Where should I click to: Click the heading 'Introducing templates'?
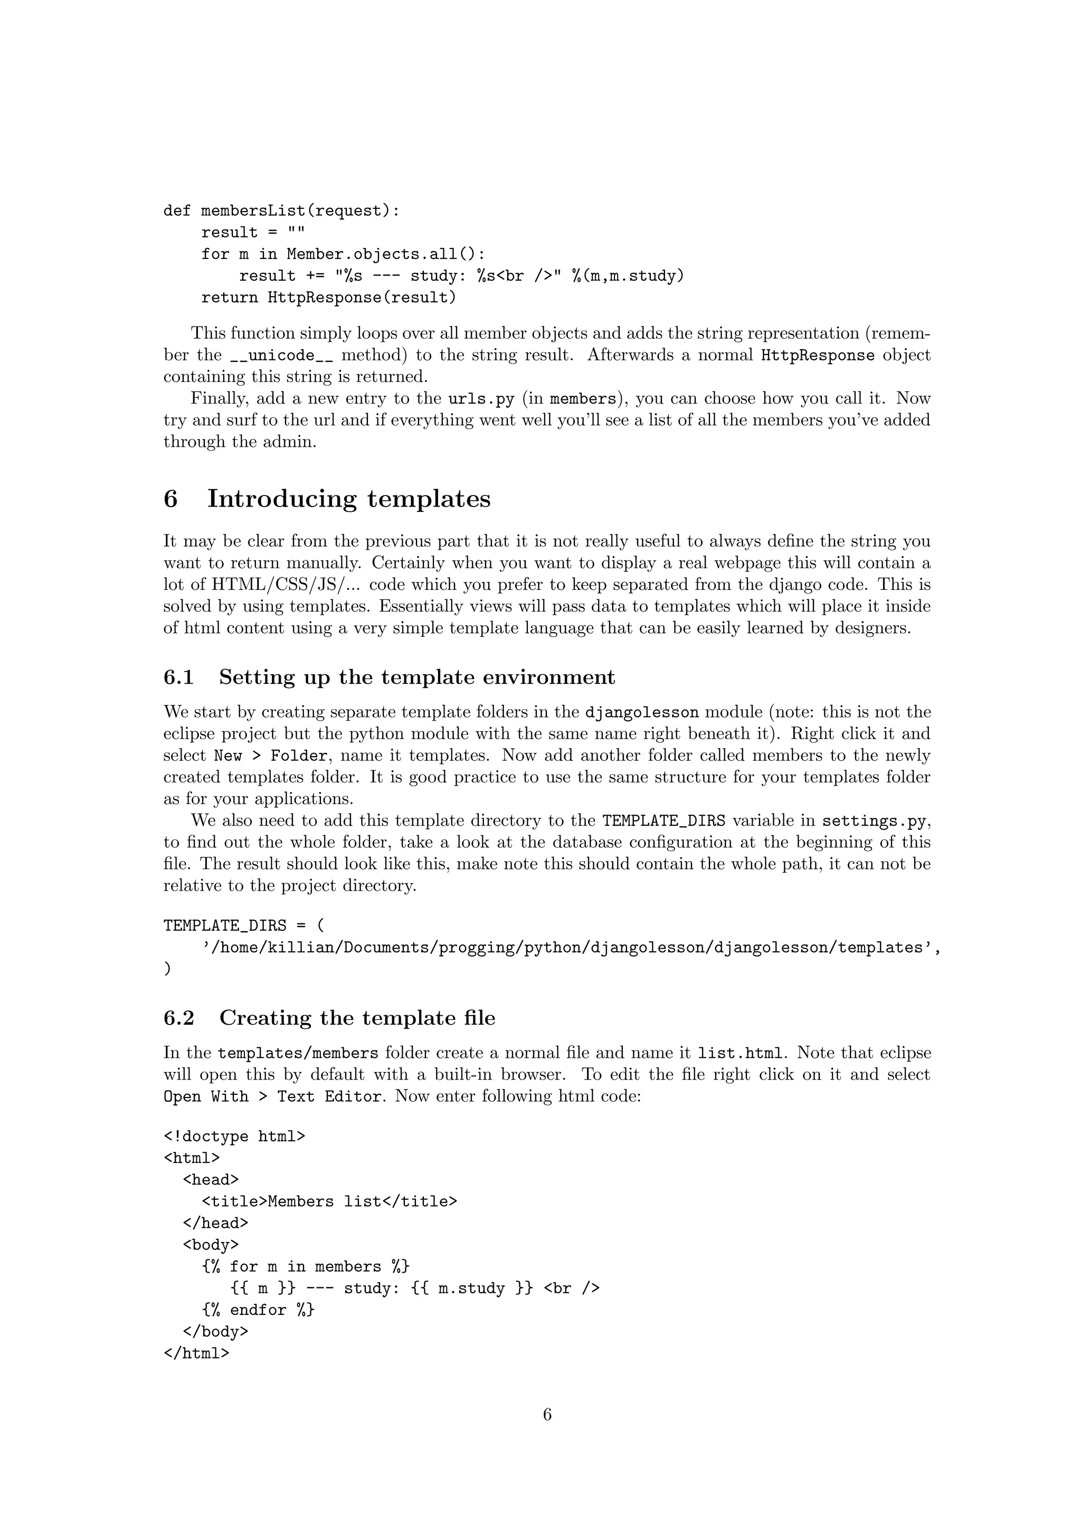pos(348,499)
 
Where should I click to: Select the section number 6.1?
pos(178,677)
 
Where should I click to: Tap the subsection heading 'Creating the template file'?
pos(357,1018)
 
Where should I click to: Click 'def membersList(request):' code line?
pos(281,211)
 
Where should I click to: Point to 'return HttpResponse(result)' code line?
pos(329,298)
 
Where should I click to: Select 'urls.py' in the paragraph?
pos(481,399)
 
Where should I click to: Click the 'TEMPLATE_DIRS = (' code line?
pos(244,926)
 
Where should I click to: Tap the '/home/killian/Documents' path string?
pos(569,948)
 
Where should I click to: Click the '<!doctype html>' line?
pos(234,1136)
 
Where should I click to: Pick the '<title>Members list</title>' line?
pos(329,1201)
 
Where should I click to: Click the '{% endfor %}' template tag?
pos(258,1310)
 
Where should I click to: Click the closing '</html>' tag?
pos(196,1353)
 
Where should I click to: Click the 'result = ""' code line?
pos(253,233)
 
